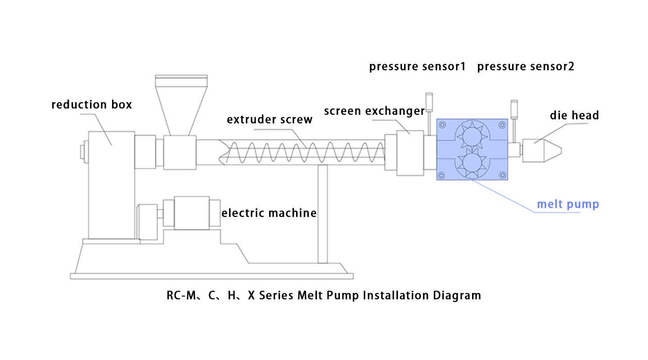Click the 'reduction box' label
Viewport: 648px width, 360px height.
92,105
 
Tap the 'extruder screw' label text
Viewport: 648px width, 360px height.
270,120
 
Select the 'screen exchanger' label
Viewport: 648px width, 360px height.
374,111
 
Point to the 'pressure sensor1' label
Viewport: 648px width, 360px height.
417,67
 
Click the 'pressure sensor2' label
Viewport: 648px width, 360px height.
526,67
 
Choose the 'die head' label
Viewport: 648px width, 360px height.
574,116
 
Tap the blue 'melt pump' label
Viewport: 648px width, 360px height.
568,204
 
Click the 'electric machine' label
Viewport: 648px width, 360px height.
269,213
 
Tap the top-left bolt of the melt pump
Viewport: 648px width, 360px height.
443,125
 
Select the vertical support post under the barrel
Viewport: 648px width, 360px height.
322,214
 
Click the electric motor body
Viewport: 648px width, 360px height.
192,213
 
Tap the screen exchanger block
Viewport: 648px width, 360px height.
409,153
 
